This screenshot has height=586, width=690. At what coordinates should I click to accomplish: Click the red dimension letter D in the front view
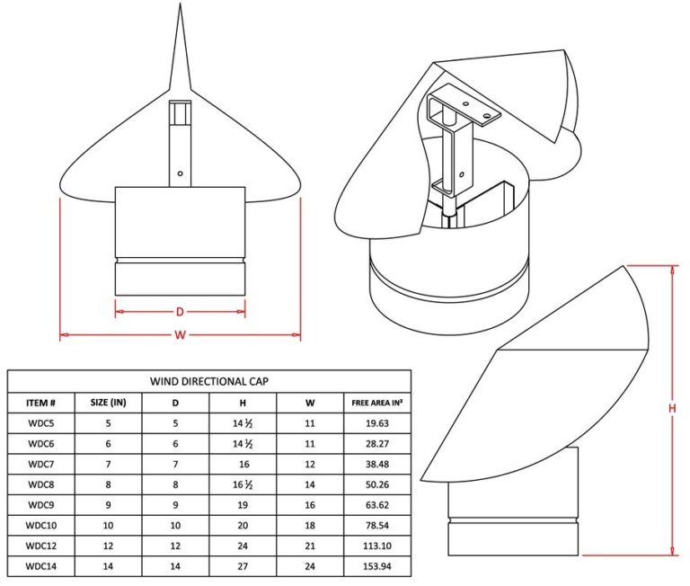pyautogui.click(x=180, y=312)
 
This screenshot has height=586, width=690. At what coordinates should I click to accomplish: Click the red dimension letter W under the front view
pyautogui.click(x=180, y=336)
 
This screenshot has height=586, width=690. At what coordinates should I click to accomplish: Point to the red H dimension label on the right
pyautogui.click(x=671, y=409)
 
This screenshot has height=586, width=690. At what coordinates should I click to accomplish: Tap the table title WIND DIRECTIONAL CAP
pyautogui.click(x=209, y=381)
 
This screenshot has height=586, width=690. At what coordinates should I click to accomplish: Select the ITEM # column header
pyautogui.click(x=41, y=403)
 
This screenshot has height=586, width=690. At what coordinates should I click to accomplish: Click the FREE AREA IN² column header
pyautogui.click(x=376, y=403)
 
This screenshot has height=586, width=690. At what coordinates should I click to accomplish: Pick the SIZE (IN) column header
pyautogui.click(x=108, y=403)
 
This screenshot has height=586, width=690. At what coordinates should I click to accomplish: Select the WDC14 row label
pyautogui.click(x=41, y=568)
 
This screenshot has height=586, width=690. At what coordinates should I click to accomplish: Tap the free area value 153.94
pyautogui.click(x=376, y=568)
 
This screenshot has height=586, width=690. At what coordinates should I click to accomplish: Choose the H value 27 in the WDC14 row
pyautogui.click(x=243, y=568)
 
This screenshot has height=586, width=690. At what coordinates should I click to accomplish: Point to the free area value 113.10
pyautogui.click(x=376, y=547)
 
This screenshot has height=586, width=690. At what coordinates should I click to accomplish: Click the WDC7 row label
pyautogui.click(x=41, y=465)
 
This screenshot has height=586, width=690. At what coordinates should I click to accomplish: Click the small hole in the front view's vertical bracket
pyautogui.click(x=180, y=173)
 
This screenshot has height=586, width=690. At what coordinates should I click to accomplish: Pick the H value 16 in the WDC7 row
pyautogui.click(x=243, y=465)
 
